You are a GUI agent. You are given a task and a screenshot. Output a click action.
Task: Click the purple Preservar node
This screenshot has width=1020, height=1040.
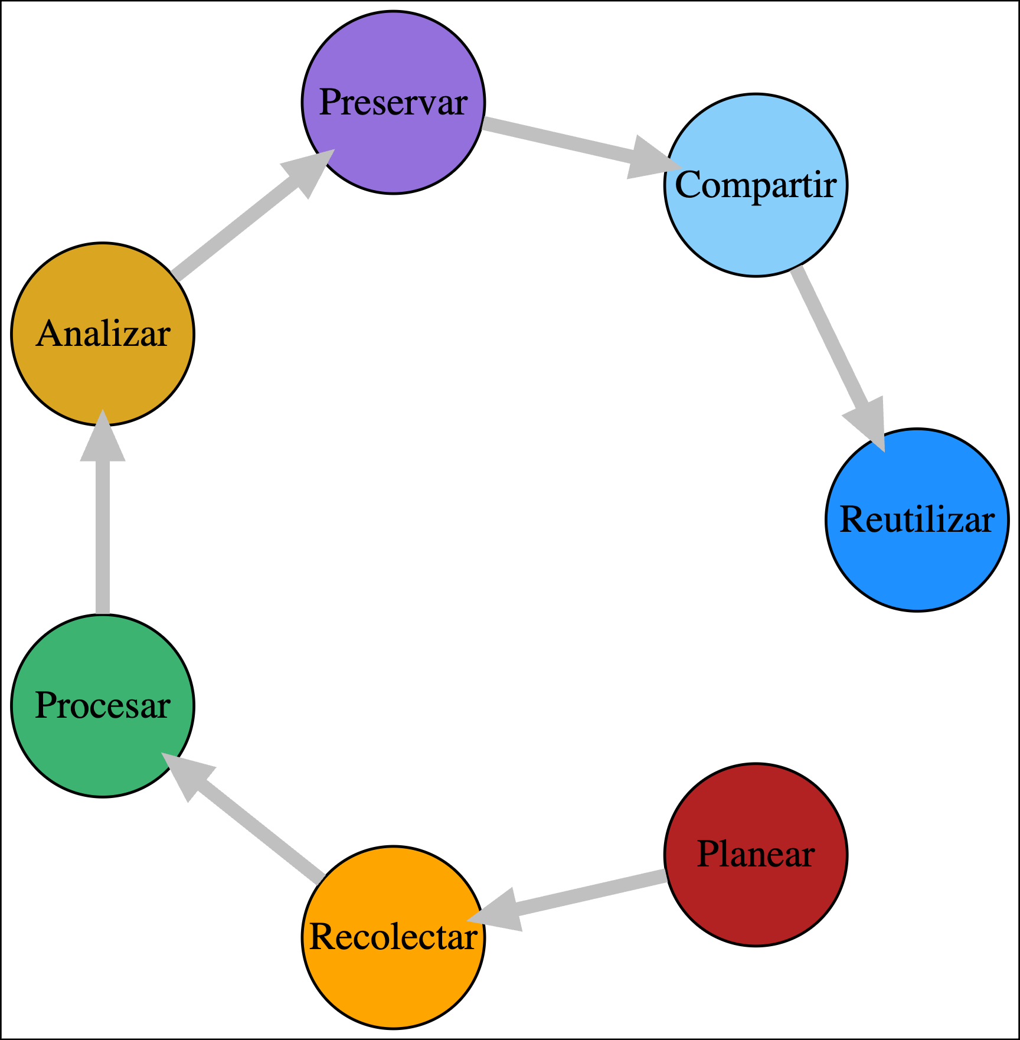coord(393,102)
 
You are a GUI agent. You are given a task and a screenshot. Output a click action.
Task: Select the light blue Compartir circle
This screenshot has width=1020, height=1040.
coord(756,185)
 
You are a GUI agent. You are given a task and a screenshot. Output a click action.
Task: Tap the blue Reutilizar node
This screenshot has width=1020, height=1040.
coord(917,519)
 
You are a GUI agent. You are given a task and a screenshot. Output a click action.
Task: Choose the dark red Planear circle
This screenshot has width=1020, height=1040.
coord(756,854)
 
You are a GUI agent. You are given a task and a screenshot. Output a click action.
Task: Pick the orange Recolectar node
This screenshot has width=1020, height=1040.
coord(393,937)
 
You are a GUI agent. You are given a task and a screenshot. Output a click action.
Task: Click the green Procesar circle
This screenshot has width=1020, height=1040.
coord(103,705)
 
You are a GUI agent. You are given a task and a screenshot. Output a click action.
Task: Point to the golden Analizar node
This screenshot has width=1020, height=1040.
coord(103,333)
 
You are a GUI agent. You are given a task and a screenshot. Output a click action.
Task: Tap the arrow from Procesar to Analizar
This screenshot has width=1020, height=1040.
coord(103,531)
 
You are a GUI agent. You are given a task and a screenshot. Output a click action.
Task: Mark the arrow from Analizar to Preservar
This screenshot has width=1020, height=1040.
coord(236,224)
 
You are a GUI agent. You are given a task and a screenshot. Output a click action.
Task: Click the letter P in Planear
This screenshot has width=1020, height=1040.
coord(707,854)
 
